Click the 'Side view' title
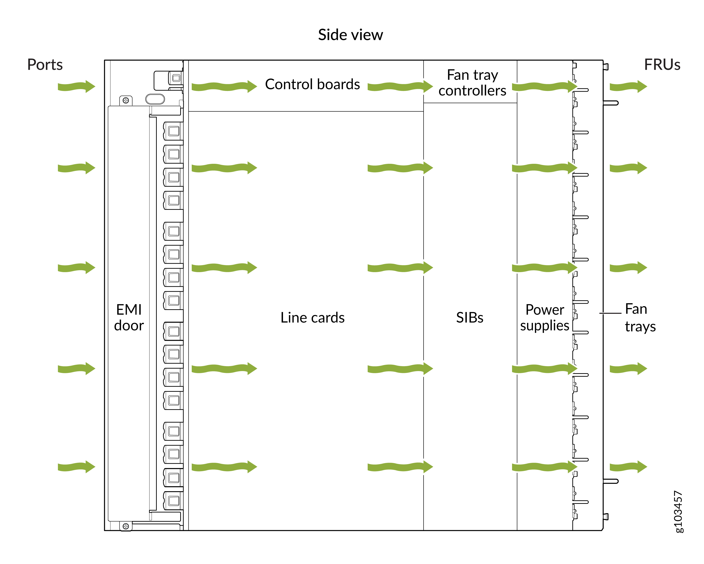tap(350, 35)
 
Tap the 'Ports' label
tap(45, 64)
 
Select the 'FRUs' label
tap(662, 64)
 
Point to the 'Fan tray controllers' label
tap(472, 83)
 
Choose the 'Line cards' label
tap(313, 317)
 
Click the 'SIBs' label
tap(470, 317)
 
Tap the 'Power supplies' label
tap(545, 317)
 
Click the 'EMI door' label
tap(129, 317)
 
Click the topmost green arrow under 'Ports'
tap(77, 87)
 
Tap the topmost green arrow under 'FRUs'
tap(628, 87)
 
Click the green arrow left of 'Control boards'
tap(224, 87)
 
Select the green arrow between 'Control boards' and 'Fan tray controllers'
tap(400, 87)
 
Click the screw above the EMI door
tap(126, 100)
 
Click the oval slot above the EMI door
tap(155, 99)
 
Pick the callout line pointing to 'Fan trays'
tap(610, 313)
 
